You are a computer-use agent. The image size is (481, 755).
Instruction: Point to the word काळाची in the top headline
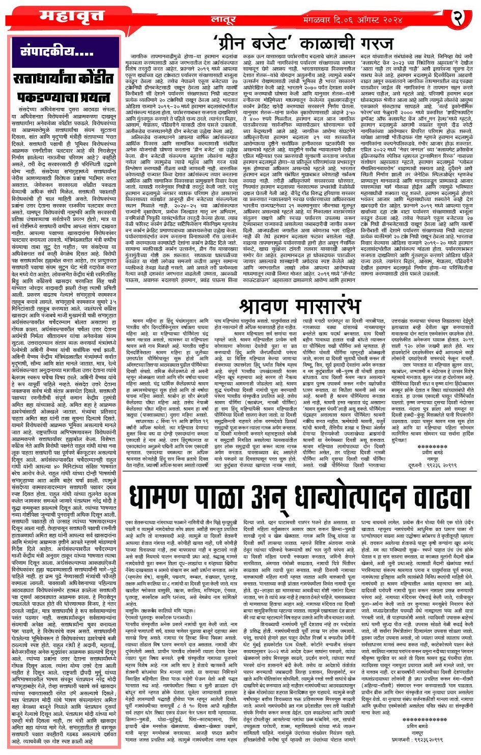pos(321,42)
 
